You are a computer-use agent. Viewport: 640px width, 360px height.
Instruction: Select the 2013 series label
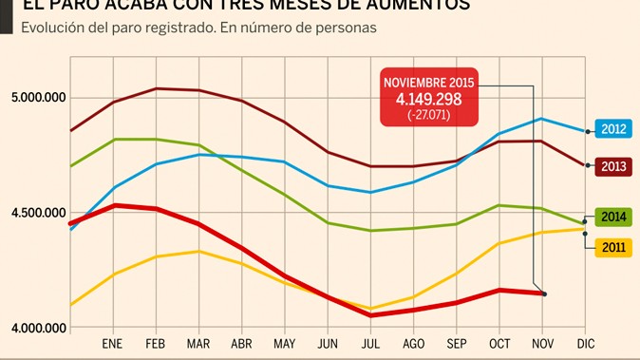click(x=612, y=166)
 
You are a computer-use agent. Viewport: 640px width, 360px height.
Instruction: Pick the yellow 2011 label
click(x=612, y=248)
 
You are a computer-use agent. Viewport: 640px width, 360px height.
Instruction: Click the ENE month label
click(x=112, y=344)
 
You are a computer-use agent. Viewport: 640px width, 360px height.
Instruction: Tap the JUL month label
click(x=371, y=344)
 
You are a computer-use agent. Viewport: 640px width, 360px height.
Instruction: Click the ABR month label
click(x=241, y=344)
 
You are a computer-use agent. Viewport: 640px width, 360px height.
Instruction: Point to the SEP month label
click(x=457, y=344)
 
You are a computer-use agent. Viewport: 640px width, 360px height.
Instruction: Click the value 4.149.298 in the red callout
click(x=428, y=100)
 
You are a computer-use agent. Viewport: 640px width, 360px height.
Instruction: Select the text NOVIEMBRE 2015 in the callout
click(x=428, y=83)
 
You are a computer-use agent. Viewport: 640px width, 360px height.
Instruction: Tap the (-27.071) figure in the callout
click(x=428, y=115)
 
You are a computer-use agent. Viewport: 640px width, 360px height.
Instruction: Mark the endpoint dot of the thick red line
click(x=544, y=294)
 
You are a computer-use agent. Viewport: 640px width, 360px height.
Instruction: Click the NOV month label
click(x=542, y=344)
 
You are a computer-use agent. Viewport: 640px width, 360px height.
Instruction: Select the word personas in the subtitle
click(x=347, y=28)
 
